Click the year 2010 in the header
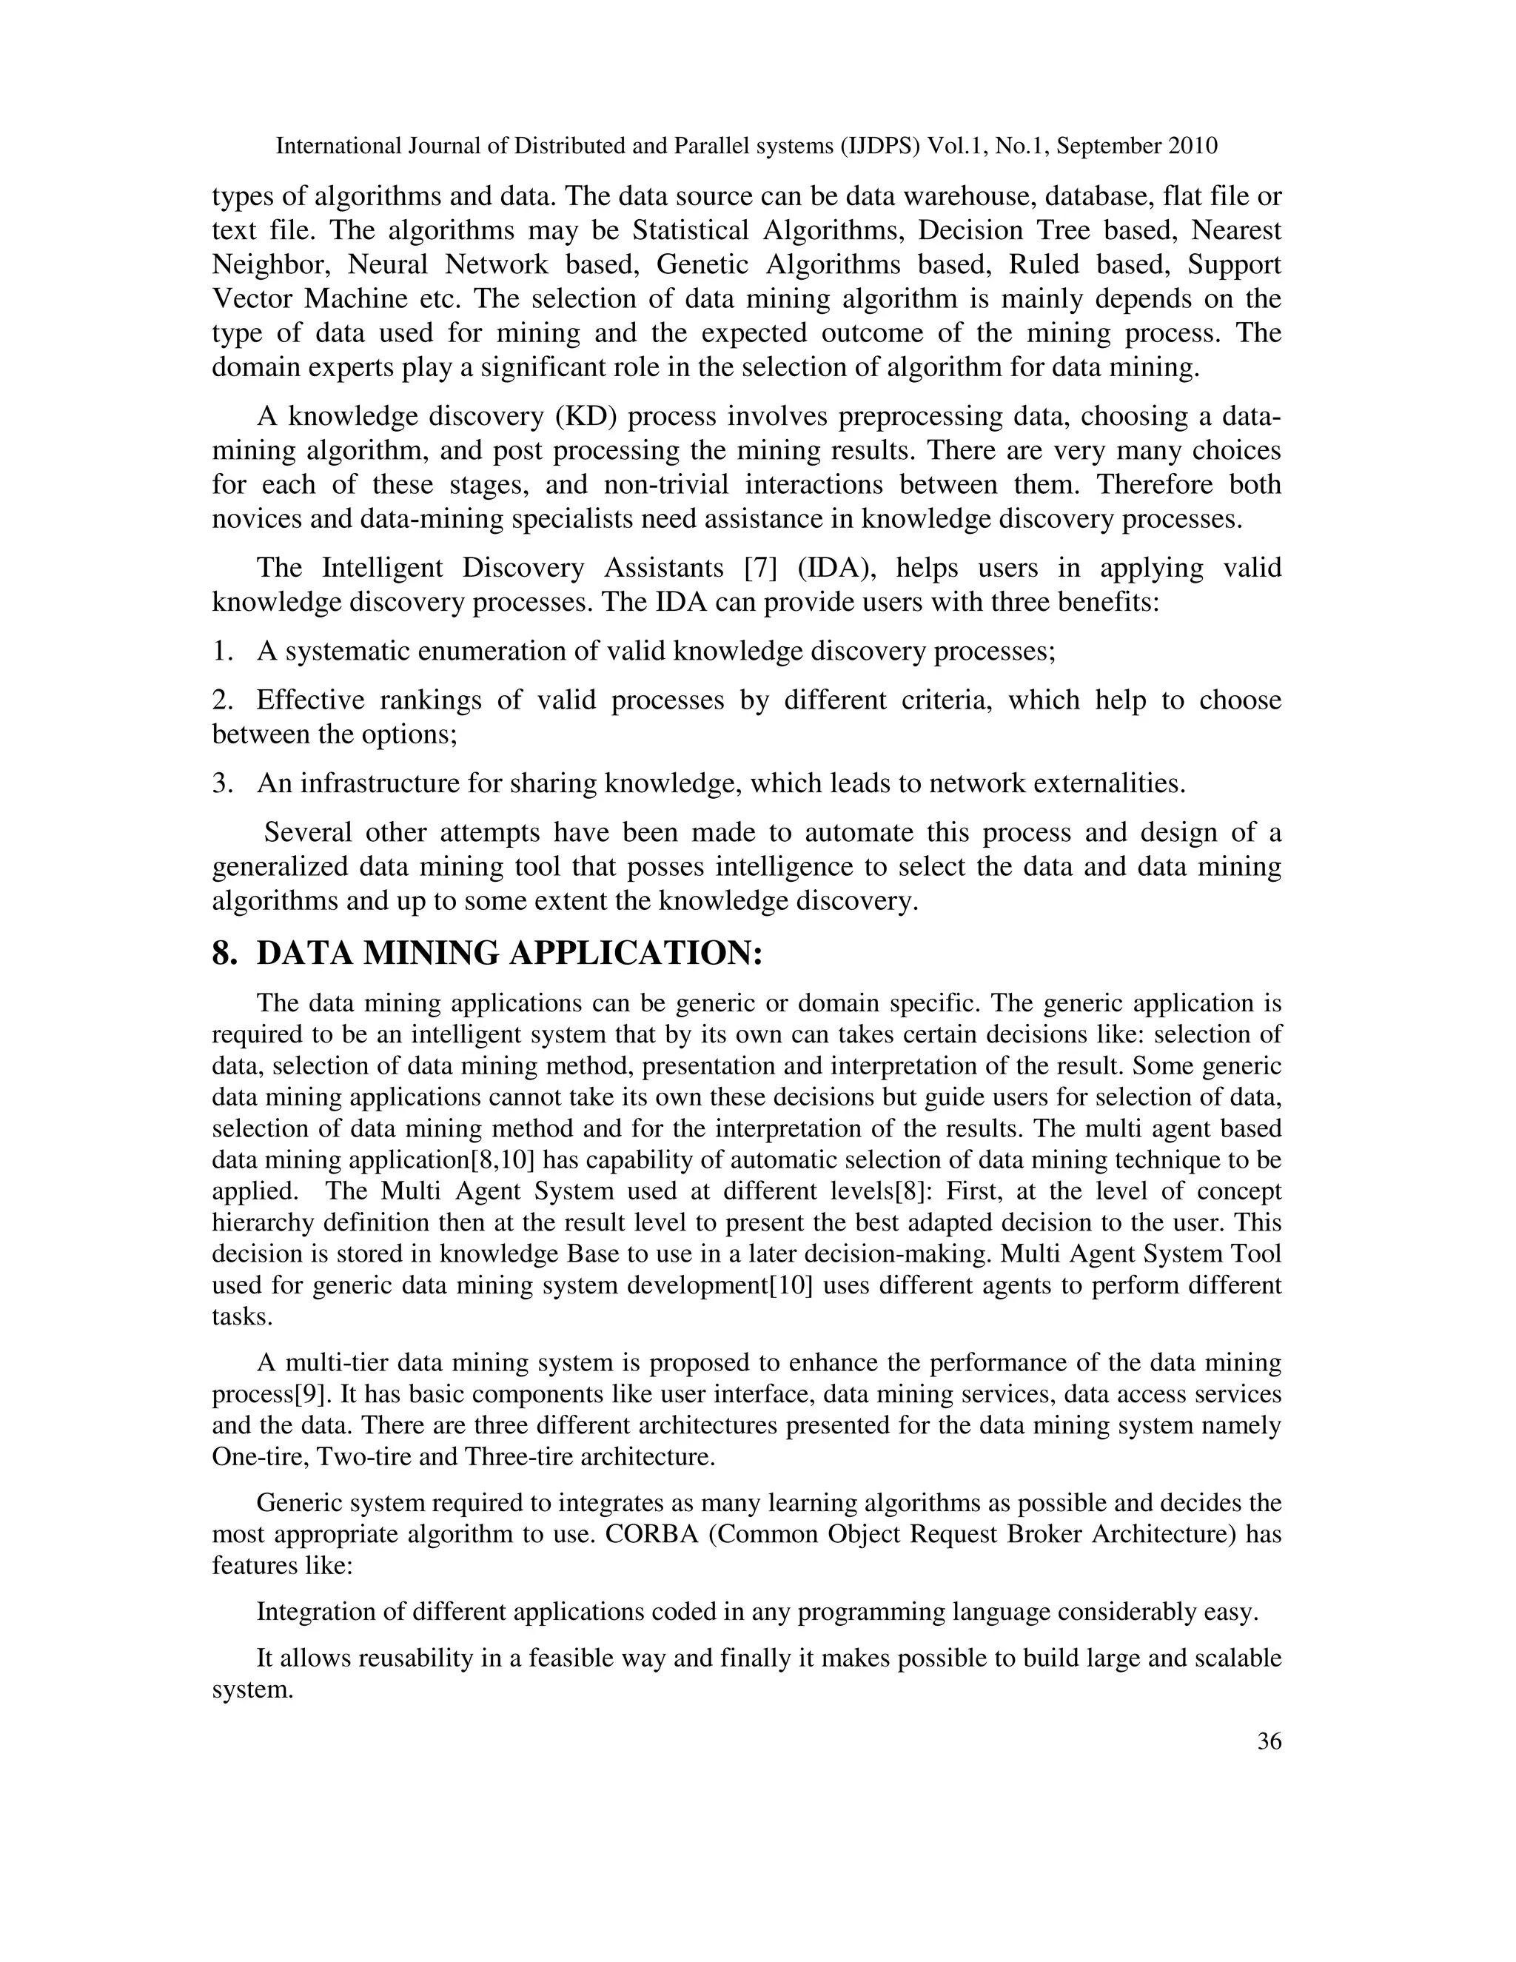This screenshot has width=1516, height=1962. pos(1193,146)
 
